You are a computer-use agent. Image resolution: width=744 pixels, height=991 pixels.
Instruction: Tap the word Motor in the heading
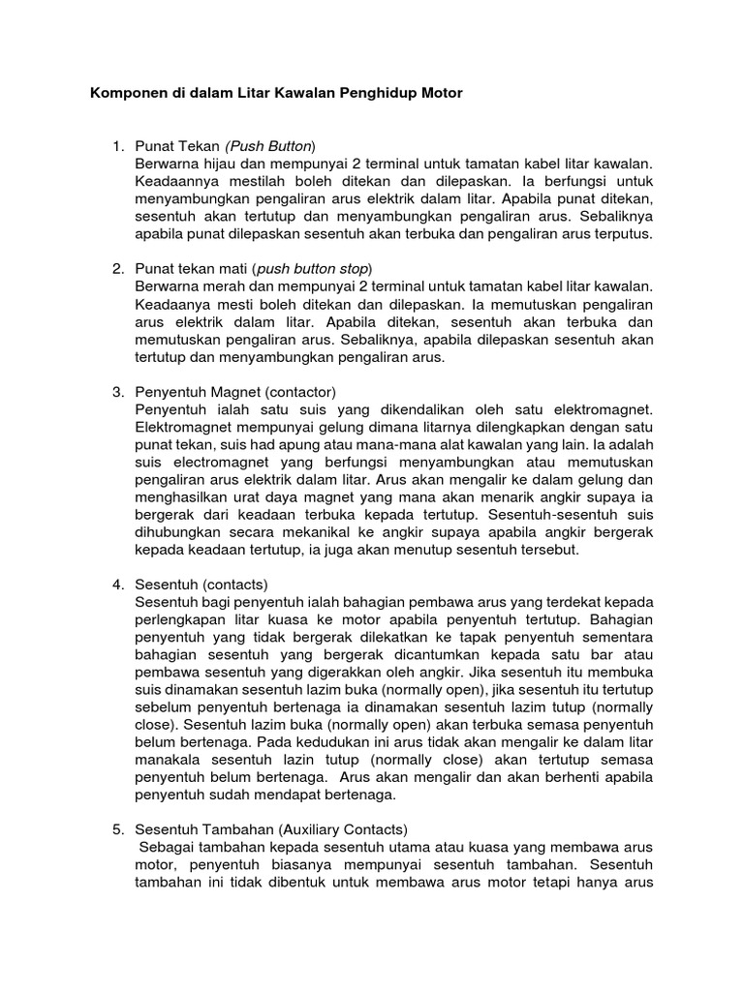click(x=442, y=94)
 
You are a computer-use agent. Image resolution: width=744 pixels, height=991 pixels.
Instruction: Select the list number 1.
click(x=118, y=146)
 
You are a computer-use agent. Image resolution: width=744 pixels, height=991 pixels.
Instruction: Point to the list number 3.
click(x=118, y=392)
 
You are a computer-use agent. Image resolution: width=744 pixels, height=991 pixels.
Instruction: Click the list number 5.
click(x=118, y=829)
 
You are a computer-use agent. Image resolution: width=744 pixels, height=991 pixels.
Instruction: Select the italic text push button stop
click(x=314, y=268)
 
